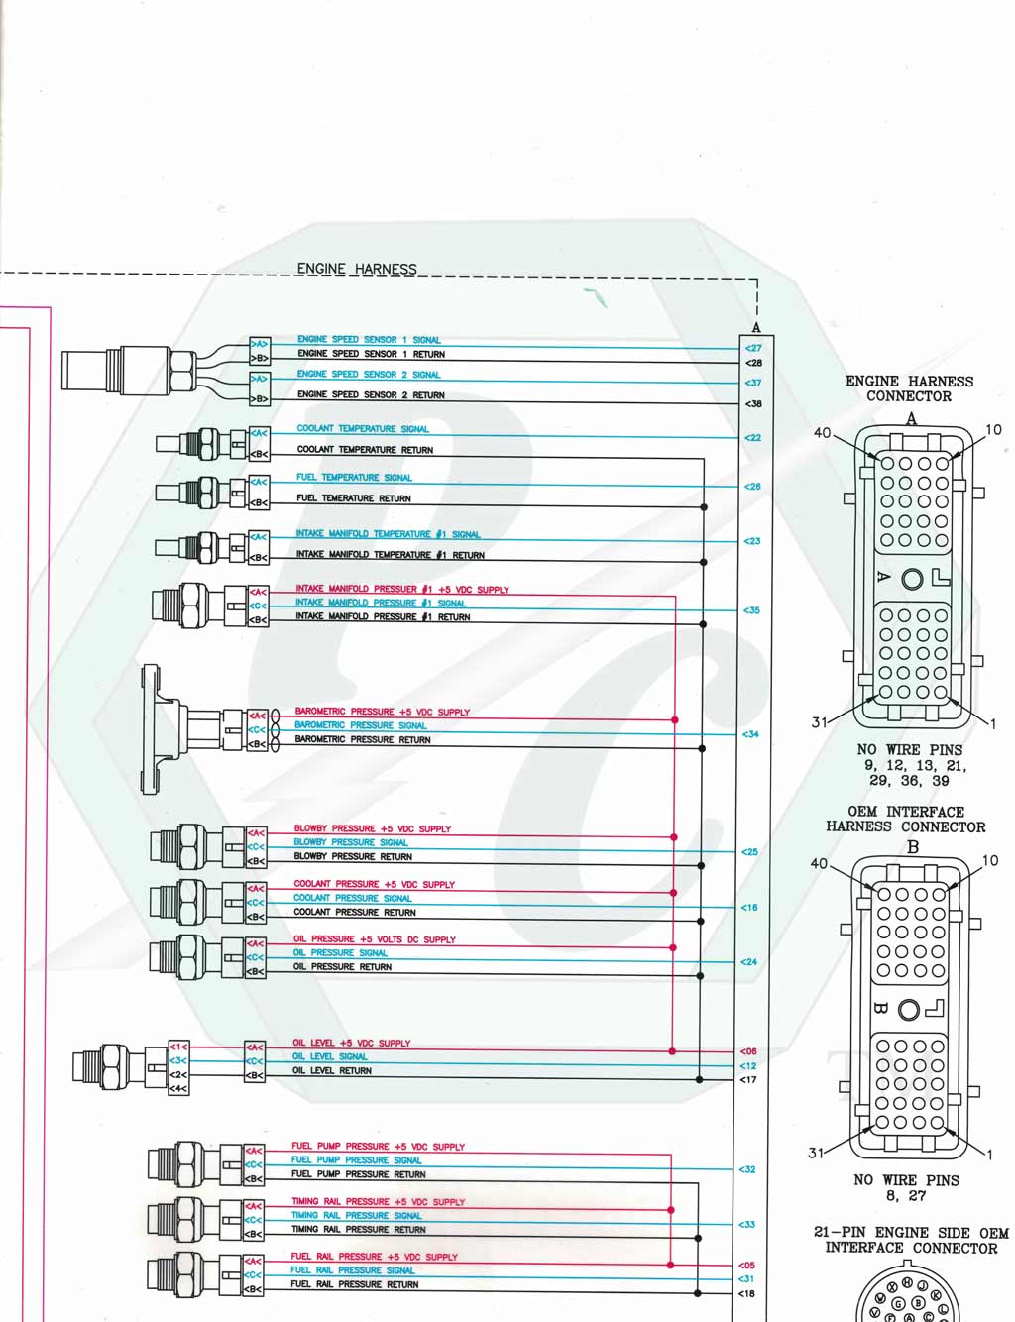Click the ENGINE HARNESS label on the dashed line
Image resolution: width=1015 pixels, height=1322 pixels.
(x=357, y=269)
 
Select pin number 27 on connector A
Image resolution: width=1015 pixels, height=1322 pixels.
(x=753, y=348)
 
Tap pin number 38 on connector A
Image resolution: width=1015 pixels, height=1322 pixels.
(x=753, y=404)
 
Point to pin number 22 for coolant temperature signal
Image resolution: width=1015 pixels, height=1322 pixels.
(x=753, y=438)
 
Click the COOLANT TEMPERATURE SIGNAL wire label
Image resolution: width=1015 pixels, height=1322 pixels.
(x=363, y=429)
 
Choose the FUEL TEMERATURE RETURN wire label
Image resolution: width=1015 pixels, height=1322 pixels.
(x=353, y=498)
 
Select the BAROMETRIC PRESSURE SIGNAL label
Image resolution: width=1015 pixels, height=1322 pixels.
(x=360, y=725)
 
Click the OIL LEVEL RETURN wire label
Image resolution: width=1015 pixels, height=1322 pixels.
(x=331, y=1071)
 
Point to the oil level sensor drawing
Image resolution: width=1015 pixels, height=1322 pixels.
(x=114, y=1067)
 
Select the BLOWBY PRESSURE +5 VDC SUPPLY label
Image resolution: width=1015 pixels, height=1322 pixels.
(x=372, y=828)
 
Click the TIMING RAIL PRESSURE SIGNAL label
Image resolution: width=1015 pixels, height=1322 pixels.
(x=356, y=1215)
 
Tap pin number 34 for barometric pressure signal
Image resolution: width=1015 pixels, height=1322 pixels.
(x=750, y=734)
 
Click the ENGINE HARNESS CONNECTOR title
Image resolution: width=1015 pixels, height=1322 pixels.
(x=909, y=388)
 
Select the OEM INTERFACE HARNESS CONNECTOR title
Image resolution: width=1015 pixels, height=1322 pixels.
(x=905, y=820)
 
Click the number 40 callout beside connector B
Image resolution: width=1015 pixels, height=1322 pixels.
(x=819, y=863)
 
